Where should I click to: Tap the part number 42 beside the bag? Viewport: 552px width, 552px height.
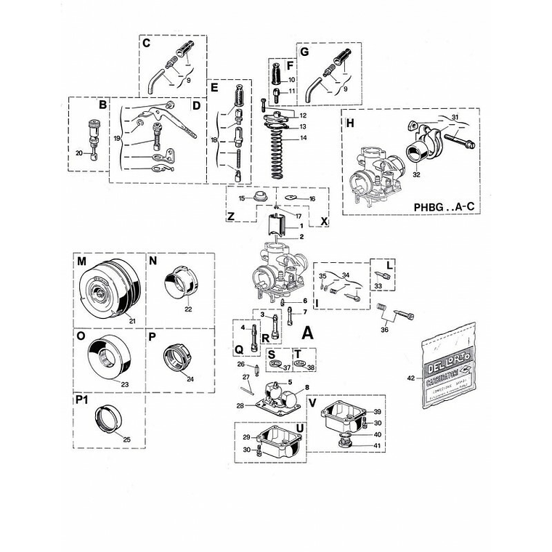coord(410,378)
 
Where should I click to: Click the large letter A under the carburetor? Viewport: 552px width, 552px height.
coord(307,333)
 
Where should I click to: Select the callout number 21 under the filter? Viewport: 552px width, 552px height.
coord(133,320)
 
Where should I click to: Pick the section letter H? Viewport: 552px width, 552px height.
coord(350,123)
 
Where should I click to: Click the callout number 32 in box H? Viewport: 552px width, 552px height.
coord(416,174)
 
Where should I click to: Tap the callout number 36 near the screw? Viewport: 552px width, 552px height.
coord(384,328)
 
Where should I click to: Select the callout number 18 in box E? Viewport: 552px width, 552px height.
coord(214,139)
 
